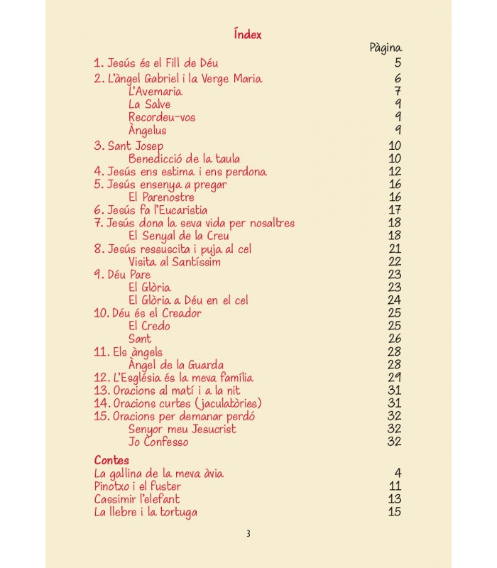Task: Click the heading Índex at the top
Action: tap(248, 34)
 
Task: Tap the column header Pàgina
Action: tap(386, 48)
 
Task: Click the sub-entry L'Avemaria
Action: tap(155, 92)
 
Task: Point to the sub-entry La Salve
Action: tap(149, 104)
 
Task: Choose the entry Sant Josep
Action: tap(129, 146)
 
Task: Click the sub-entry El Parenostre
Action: tap(161, 197)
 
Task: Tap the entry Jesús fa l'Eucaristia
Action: tap(151, 210)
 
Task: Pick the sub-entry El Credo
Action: tap(149, 327)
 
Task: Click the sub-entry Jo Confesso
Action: tap(158, 442)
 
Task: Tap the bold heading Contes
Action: tap(111, 460)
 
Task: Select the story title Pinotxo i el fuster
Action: tap(137, 486)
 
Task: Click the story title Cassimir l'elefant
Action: tap(136, 499)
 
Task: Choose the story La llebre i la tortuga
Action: tap(146, 512)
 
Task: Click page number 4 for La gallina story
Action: tap(398, 474)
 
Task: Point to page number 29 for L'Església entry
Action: tap(395, 378)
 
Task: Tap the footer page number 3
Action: tap(248, 535)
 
